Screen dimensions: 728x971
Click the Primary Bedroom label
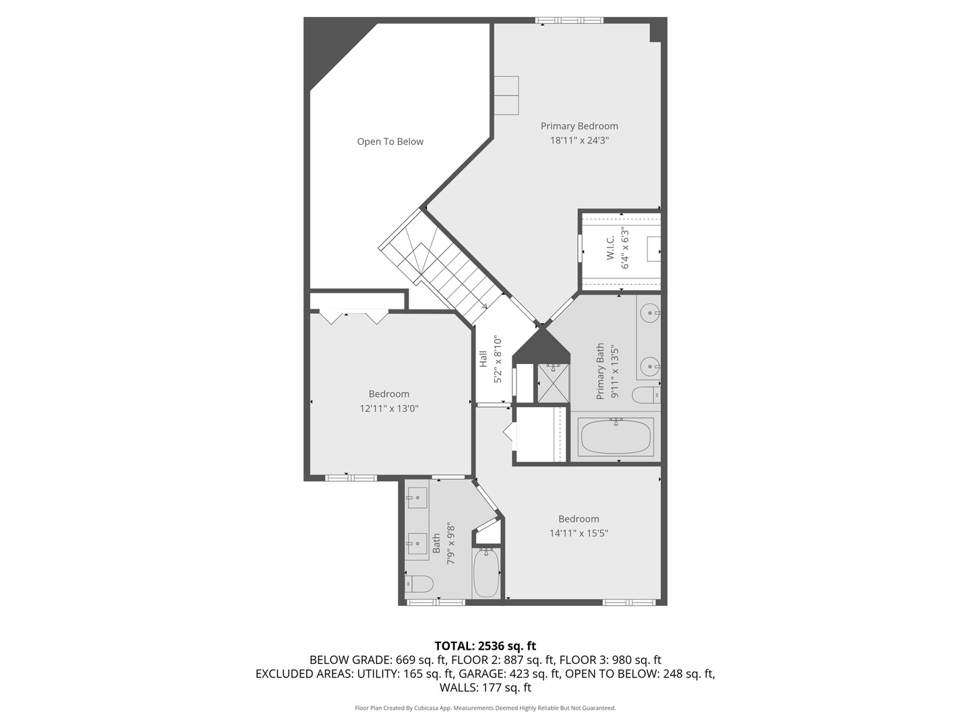[579, 126]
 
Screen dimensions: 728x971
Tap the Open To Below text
[390, 142]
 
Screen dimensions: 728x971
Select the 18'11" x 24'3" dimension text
[579, 141]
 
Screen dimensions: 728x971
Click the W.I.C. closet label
[610, 248]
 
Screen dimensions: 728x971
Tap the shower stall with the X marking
[553, 383]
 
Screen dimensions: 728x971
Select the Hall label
[483, 359]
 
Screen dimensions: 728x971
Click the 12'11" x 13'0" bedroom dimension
[389, 408]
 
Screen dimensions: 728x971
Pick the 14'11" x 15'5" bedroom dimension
[579, 533]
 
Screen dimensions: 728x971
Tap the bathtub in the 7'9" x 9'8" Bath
[486, 573]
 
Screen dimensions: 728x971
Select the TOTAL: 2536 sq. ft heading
[486, 646]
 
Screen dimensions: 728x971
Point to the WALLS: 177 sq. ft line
[486, 688]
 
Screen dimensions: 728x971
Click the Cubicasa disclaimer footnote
[486, 708]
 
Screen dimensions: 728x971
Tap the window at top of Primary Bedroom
[570, 20]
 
